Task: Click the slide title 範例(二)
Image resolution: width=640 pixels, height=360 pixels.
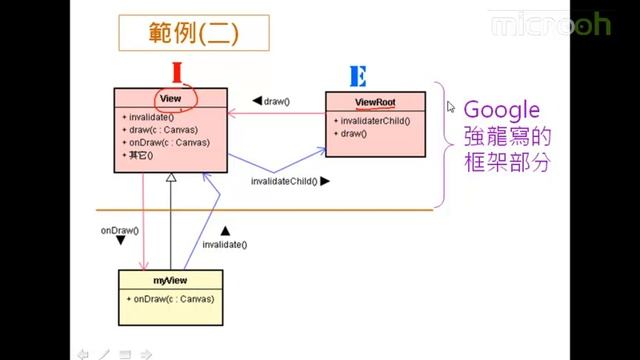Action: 181,35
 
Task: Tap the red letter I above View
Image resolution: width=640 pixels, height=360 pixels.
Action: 177,73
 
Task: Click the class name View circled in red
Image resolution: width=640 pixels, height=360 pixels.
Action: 170,99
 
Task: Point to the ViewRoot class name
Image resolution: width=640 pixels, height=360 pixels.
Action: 375,102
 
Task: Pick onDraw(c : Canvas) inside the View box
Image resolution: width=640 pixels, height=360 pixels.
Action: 165,142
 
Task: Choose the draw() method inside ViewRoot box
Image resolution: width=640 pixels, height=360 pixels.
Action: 352,133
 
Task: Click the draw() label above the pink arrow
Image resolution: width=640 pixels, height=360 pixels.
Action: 275,101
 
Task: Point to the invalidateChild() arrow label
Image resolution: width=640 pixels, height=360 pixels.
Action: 284,181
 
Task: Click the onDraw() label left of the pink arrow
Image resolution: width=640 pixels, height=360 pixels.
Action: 119,230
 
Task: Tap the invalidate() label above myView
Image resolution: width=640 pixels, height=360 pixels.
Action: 224,244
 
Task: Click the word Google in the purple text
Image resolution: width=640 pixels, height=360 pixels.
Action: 502,109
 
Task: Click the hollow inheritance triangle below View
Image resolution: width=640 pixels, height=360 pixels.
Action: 171,177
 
